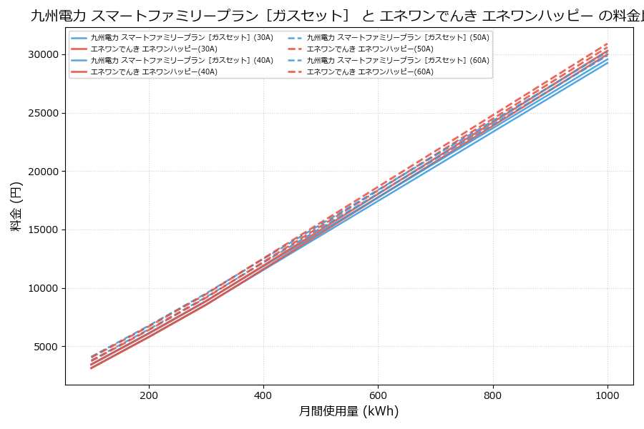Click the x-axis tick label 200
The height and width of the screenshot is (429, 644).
pyautogui.click(x=149, y=395)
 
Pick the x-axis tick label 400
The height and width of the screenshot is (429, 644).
pyautogui.click(x=263, y=395)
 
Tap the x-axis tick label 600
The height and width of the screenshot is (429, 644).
pyautogui.click(x=378, y=395)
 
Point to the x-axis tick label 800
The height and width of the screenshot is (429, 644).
pyautogui.click(x=493, y=395)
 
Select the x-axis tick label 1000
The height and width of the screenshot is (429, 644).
pyautogui.click(x=608, y=395)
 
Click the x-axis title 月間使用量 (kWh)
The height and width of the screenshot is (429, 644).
pyautogui.click(x=348, y=412)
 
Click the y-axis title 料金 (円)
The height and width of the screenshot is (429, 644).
pyautogui.click(x=16, y=206)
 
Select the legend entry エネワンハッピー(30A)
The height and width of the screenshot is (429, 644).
pyautogui.click(x=154, y=49)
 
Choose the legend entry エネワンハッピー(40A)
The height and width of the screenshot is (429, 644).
pyautogui.click(x=154, y=72)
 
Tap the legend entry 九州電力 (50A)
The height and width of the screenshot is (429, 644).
pyautogui.click(x=398, y=38)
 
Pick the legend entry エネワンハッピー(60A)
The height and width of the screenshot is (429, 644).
pyautogui.click(x=370, y=72)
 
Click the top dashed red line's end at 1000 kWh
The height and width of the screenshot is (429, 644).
pyautogui.click(x=608, y=44)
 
